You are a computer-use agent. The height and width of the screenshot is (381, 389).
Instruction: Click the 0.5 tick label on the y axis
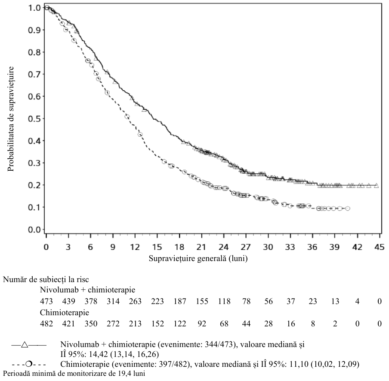(34, 119)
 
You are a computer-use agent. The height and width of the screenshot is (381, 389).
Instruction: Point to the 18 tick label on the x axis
(179, 247)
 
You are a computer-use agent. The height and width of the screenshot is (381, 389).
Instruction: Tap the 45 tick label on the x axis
(380, 247)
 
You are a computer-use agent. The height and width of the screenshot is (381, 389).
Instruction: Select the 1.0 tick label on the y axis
(34, 8)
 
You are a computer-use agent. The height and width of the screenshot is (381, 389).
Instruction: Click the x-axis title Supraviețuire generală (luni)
(198, 258)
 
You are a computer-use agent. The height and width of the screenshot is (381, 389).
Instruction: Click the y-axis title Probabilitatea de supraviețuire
(10, 119)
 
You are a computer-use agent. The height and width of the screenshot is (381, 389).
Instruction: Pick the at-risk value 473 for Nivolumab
(46, 301)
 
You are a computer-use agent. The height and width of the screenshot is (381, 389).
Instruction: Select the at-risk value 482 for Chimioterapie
(46, 323)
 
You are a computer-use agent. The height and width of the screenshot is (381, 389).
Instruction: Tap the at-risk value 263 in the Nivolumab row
(135, 301)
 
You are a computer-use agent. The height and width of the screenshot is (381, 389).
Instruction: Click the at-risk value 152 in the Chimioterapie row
(157, 323)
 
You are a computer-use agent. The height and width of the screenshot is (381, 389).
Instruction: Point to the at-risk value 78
(246, 301)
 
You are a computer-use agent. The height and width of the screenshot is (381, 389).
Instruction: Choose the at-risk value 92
(202, 323)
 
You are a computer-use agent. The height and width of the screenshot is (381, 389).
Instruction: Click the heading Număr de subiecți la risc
(46, 280)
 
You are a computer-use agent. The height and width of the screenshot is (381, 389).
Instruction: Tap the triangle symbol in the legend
(25, 345)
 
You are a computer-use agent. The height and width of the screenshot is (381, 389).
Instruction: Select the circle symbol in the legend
(29, 364)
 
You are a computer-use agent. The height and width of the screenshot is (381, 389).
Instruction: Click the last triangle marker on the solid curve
(377, 185)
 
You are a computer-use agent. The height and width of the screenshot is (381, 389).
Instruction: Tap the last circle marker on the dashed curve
(348, 209)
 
